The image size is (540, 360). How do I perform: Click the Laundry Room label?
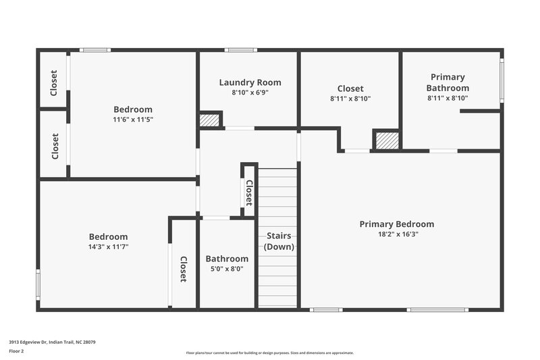pyautogui.click(x=250, y=82)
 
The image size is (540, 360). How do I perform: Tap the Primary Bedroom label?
pyautogui.click(x=396, y=224)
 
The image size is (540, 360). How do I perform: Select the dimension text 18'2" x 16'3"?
pyautogui.click(x=396, y=234)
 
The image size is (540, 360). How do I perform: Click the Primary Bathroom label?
pyautogui.click(x=448, y=82)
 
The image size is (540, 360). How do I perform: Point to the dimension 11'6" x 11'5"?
pyautogui.click(x=133, y=120)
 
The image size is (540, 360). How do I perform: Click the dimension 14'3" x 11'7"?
pyautogui.click(x=108, y=247)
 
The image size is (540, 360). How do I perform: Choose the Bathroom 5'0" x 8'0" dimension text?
pyautogui.click(x=227, y=269)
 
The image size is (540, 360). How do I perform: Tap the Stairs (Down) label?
pyautogui.click(x=278, y=241)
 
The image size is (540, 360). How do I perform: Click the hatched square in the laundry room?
pyautogui.click(x=210, y=120)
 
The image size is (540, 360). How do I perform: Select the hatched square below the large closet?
pyautogui.click(x=386, y=140)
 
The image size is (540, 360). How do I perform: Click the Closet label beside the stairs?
pyautogui.click(x=248, y=192)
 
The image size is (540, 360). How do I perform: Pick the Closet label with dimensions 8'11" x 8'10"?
pyautogui.click(x=350, y=88)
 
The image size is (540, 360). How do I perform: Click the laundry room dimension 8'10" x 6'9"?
pyautogui.click(x=250, y=93)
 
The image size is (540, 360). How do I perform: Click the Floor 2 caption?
pyautogui.click(x=17, y=352)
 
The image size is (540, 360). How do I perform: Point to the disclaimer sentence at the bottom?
pyautogui.click(x=269, y=353)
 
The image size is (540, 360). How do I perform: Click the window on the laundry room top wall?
pyautogui.click(x=240, y=50)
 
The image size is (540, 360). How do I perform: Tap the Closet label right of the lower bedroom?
pyautogui.click(x=183, y=268)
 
